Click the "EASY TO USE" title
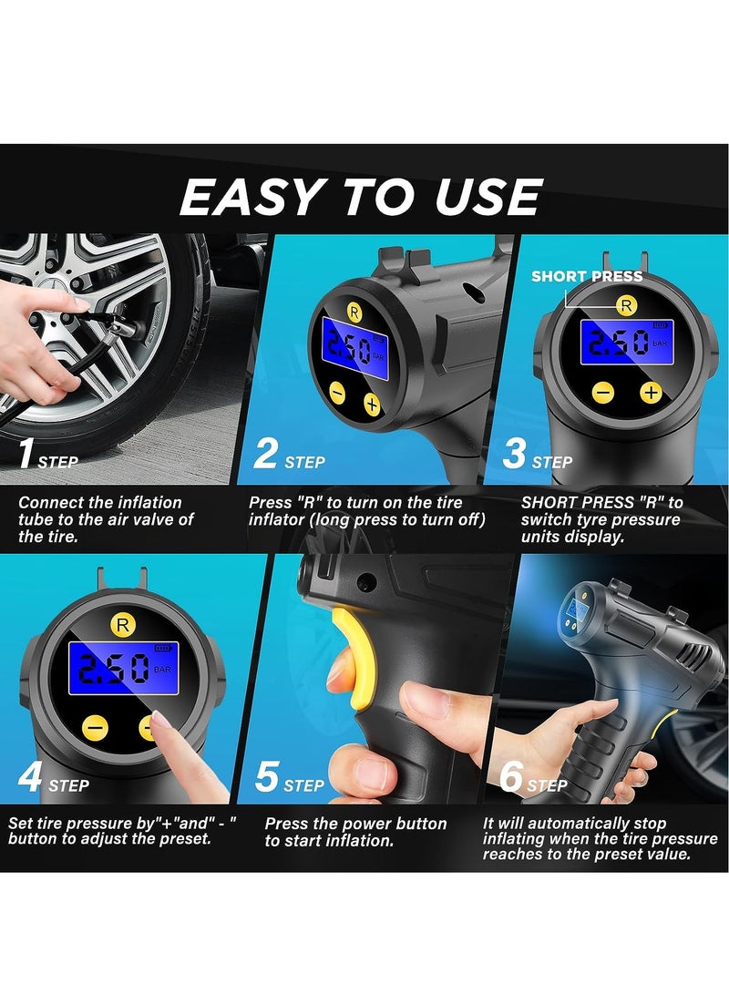tap(361, 197)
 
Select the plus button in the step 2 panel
tap(372, 403)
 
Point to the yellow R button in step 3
tap(625, 306)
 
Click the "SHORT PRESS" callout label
tap(587, 276)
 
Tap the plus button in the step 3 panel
tap(650, 392)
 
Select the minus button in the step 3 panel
tap(602, 392)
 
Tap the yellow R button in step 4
tap(121, 624)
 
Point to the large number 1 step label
tap(27, 453)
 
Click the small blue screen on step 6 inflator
tap(576, 607)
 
